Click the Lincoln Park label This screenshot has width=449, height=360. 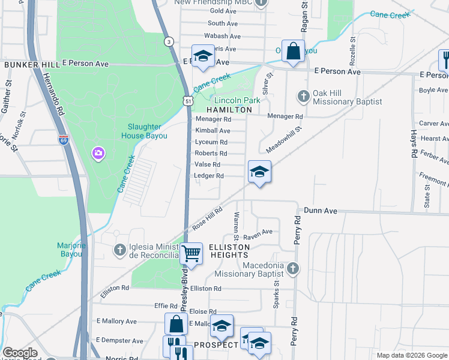(238, 100)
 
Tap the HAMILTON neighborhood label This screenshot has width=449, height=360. (230, 110)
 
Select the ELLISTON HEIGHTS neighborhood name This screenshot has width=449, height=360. (229, 251)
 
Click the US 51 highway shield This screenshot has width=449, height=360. (188, 102)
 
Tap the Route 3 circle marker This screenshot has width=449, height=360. (170, 41)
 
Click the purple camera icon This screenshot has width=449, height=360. (98, 154)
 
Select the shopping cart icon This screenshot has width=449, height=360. (191, 253)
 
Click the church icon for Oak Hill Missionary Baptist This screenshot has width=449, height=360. (304, 95)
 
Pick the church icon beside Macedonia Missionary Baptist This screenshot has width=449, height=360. (292, 268)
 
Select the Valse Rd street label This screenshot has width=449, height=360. (208, 164)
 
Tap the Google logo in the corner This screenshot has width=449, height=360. (20, 353)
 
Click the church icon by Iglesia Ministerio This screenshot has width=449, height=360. (120, 249)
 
